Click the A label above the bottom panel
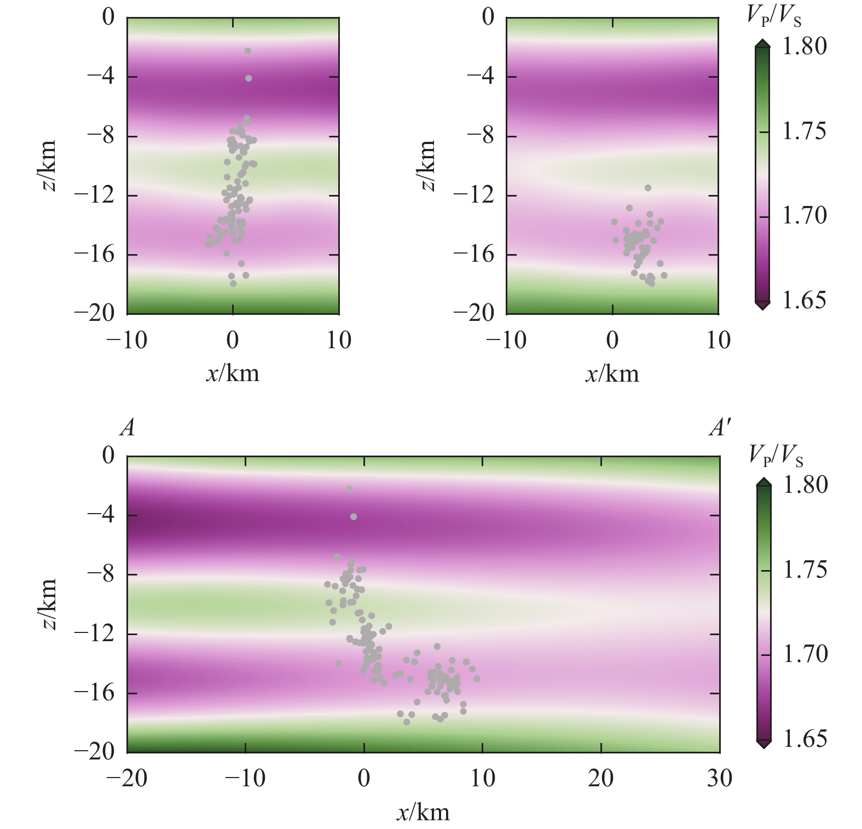click(x=128, y=427)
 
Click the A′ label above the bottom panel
click(x=720, y=427)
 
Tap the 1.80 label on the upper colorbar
click(x=804, y=47)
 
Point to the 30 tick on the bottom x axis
click(x=719, y=778)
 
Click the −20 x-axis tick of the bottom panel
click(x=126, y=778)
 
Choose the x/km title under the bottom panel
click(x=423, y=812)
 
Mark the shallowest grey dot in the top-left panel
click(x=247, y=51)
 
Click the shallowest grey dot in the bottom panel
click(x=349, y=490)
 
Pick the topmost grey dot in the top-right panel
click(x=648, y=188)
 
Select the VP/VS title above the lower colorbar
click(x=776, y=454)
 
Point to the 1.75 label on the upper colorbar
click(x=804, y=131)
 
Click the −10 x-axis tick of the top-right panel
click(x=506, y=340)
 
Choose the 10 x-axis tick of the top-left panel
click(x=339, y=340)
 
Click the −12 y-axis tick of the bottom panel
click(x=95, y=634)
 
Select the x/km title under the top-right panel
click(x=612, y=374)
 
